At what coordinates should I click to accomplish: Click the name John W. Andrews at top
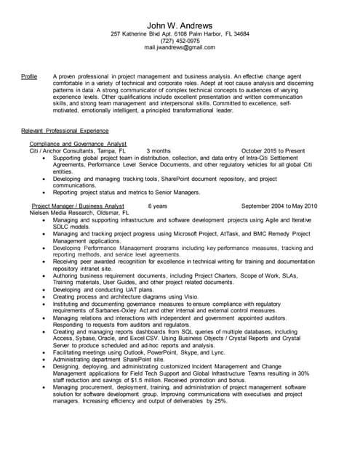coord(180,26)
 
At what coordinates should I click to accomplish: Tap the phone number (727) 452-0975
coord(180,41)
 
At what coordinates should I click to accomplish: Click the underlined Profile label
coord(29,76)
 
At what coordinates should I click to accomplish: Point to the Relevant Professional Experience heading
coord(65,130)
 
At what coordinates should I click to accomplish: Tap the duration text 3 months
coord(159,151)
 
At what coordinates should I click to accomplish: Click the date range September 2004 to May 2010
coord(279,206)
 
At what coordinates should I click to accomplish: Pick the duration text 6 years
coord(157,206)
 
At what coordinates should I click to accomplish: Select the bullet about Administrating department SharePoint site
coord(109,359)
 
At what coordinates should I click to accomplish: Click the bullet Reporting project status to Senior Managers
coord(126,193)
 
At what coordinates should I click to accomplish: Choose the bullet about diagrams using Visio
coord(121,296)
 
